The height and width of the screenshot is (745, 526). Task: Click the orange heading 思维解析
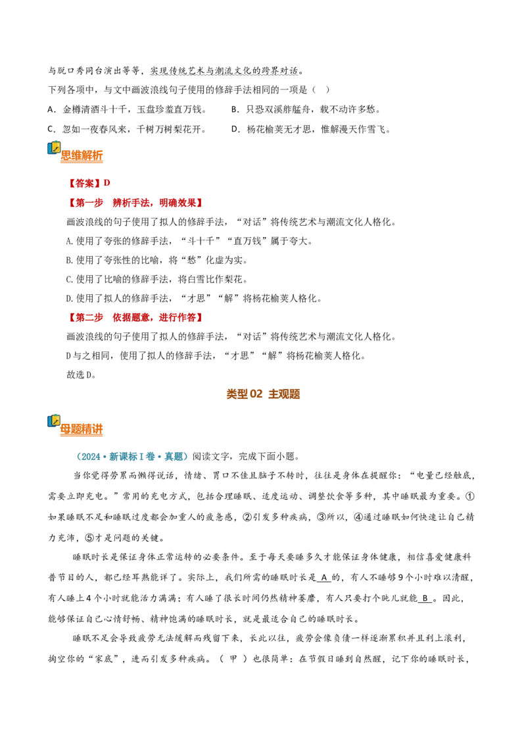tap(82, 155)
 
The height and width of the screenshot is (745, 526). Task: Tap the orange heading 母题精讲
tap(82, 429)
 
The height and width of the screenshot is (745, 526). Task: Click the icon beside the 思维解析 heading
tap(54, 148)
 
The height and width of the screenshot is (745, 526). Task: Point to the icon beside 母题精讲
tap(54, 421)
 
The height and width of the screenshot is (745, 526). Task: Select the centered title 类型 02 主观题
tap(263, 394)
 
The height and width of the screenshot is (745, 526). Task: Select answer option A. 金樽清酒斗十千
tap(128, 109)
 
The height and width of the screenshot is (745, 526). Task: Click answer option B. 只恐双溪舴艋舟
tap(306, 109)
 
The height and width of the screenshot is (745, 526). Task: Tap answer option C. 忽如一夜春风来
tap(128, 129)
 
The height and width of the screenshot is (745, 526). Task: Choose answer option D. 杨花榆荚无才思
tap(311, 129)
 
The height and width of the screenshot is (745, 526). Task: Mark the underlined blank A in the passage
tap(323, 577)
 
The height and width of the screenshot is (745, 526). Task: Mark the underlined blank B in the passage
tap(425, 598)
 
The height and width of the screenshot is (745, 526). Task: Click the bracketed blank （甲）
tap(233, 659)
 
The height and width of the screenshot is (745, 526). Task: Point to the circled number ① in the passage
tap(469, 496)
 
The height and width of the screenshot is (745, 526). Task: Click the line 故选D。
tap(82, 374)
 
